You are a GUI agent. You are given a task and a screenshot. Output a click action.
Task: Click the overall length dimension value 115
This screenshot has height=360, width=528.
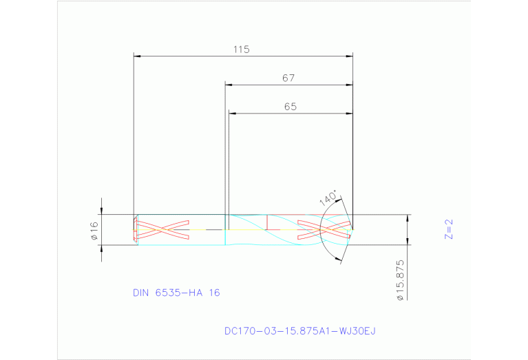pos(240,50)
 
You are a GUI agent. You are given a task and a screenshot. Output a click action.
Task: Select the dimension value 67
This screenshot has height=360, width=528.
pos(288,78)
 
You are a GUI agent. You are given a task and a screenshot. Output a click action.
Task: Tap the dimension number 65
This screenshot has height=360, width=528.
pos(290,107)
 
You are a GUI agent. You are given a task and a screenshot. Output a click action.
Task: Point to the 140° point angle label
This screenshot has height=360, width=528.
pos(328,199)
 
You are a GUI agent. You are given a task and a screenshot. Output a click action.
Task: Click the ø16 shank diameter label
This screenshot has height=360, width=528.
pos(94,231)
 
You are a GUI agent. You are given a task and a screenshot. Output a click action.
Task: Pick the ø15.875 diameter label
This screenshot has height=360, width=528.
pos(399,280)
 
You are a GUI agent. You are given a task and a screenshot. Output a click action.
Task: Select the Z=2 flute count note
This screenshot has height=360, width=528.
pos(449,229)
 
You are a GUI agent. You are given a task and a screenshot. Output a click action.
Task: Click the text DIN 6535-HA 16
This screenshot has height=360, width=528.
pos(176,293)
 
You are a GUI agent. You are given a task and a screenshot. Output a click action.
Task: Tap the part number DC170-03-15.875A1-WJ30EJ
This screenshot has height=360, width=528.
pos(300,331)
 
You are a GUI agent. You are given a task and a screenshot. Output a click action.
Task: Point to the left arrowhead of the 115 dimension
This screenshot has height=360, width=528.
pos(137,56)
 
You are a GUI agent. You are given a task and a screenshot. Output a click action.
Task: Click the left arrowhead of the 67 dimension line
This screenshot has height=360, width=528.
pos(230,85)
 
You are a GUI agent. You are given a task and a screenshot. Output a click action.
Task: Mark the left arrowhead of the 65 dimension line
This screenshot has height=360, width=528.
pos(233,113)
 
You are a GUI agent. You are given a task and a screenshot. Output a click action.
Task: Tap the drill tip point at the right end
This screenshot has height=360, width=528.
pos(353,229)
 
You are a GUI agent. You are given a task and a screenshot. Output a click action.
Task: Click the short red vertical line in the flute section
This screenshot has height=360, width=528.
pos(267,222)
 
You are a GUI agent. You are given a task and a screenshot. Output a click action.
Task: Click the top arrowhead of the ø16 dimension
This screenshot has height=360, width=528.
pos(102,211)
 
